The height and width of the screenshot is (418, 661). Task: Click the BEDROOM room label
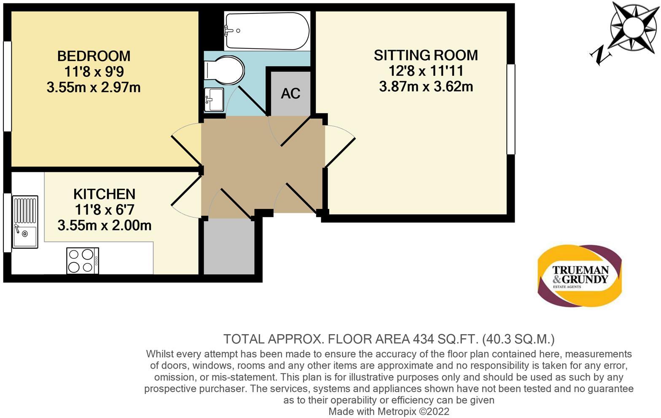pyautogui.click(x=94, y=56)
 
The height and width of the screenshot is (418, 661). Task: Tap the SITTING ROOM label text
pyautogui.click(x=426, y=55)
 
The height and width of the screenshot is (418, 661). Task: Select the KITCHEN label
pyautogui.click(x=104, y=194)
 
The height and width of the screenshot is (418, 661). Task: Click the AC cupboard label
pyautogui.click(x=290, y=94)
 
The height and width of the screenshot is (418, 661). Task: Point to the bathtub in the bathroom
pyautogui.click(x=267, y=31)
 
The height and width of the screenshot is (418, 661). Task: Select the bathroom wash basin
pyautogui.click(x=214, y=100)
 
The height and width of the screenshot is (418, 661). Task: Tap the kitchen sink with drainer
pyautogui.click(x=25, y=222)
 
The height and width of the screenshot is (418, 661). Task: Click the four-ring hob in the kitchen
pyautogui.click(x=83, y=261)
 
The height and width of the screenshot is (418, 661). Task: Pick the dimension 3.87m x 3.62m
pyautogui.click(x=426, y=87)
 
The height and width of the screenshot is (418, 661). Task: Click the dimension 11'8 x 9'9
pyautogui.click(x=94, y=72)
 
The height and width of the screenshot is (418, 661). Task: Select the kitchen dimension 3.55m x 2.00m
pyautogui.click(x=104, y=225)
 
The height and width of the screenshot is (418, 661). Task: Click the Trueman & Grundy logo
pyautogui.click(x=580, y=276)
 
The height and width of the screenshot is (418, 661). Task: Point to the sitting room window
pyautogui.click(x=511, y=109)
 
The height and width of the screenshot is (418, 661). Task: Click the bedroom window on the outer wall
pyautogui.click(x=7, y=86)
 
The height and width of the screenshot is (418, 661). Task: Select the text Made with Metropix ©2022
pyautogui.click(x=389, y=411)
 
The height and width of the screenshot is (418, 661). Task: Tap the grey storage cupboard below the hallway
pyautogui.click(x=229, y=247)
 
